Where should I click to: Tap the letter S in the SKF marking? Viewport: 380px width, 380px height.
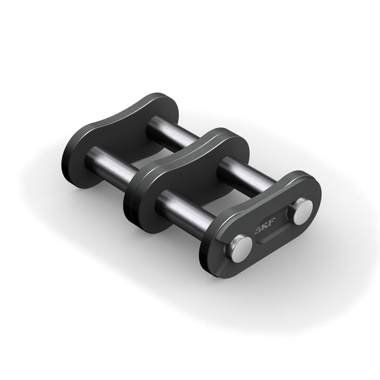258,232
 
